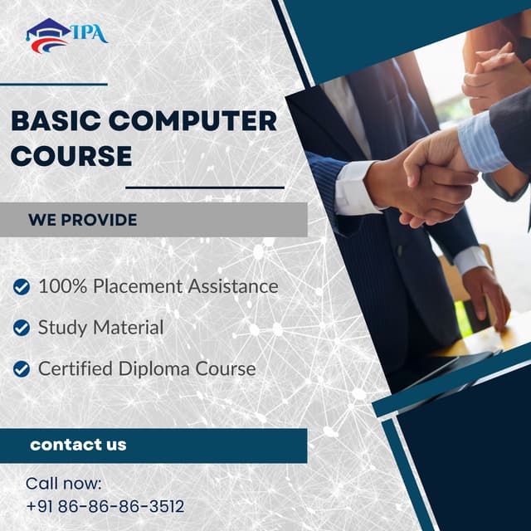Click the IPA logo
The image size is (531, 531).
coord(66,35)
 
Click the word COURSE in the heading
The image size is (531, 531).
coord(71,155)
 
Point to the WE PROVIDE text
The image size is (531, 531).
coord(83,220)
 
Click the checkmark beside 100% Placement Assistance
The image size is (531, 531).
coord(22,287)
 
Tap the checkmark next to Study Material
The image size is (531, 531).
coord(22,328)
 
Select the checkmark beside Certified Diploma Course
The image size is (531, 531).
coord(22,369)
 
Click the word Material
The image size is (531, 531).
coord(128,328)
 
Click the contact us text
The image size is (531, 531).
coord(78,445)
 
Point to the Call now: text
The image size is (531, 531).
coord(64,483)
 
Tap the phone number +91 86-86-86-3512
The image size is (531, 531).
coord(105,506)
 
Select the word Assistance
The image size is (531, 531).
coord(236,286)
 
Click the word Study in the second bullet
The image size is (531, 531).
coord(61,328)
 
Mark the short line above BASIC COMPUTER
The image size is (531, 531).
coord(54,84)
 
